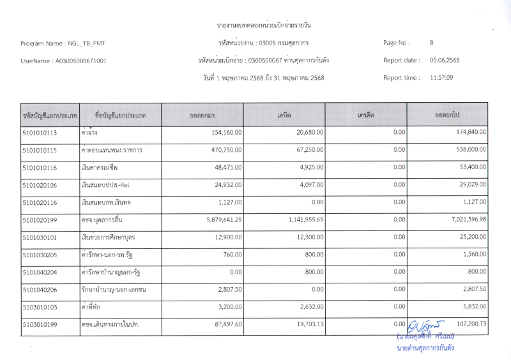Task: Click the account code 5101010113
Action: click(40, 133)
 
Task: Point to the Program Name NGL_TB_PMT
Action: click(63, 43)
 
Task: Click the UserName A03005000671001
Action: click(63, 61)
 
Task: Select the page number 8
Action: click(432, 43)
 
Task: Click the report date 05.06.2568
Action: click(445, 61)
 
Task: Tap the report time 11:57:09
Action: click(441, 78)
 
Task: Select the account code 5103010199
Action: click(40, 325)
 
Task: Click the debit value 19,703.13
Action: click(306, 325)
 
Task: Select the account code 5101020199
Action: click(40, 220)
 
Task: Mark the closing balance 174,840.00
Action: click(467, 133)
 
